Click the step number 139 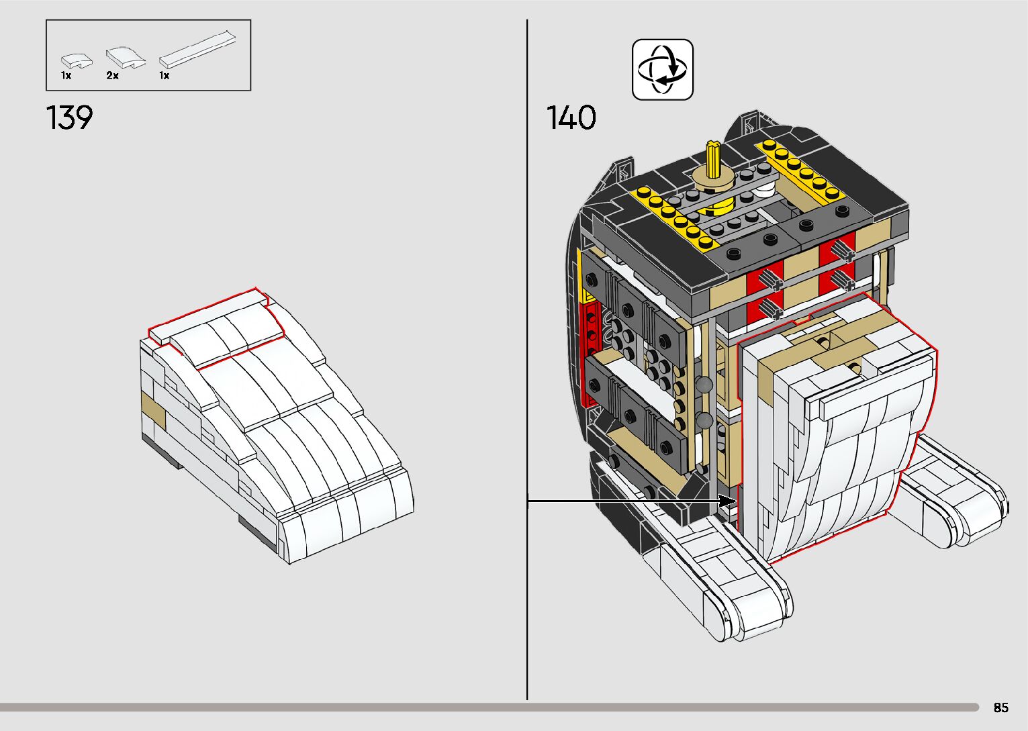click(x=69, y=117)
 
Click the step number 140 click(x=571, y=117)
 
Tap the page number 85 click(x=1001, y=707)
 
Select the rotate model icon click(x=662, y=69)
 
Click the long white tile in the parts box click(x=198, y=49)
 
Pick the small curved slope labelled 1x click(x=77, y=61)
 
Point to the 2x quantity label click(x=112, y=76)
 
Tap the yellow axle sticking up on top click(x=713, y=159)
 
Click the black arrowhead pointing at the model click(x=727, y=501)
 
